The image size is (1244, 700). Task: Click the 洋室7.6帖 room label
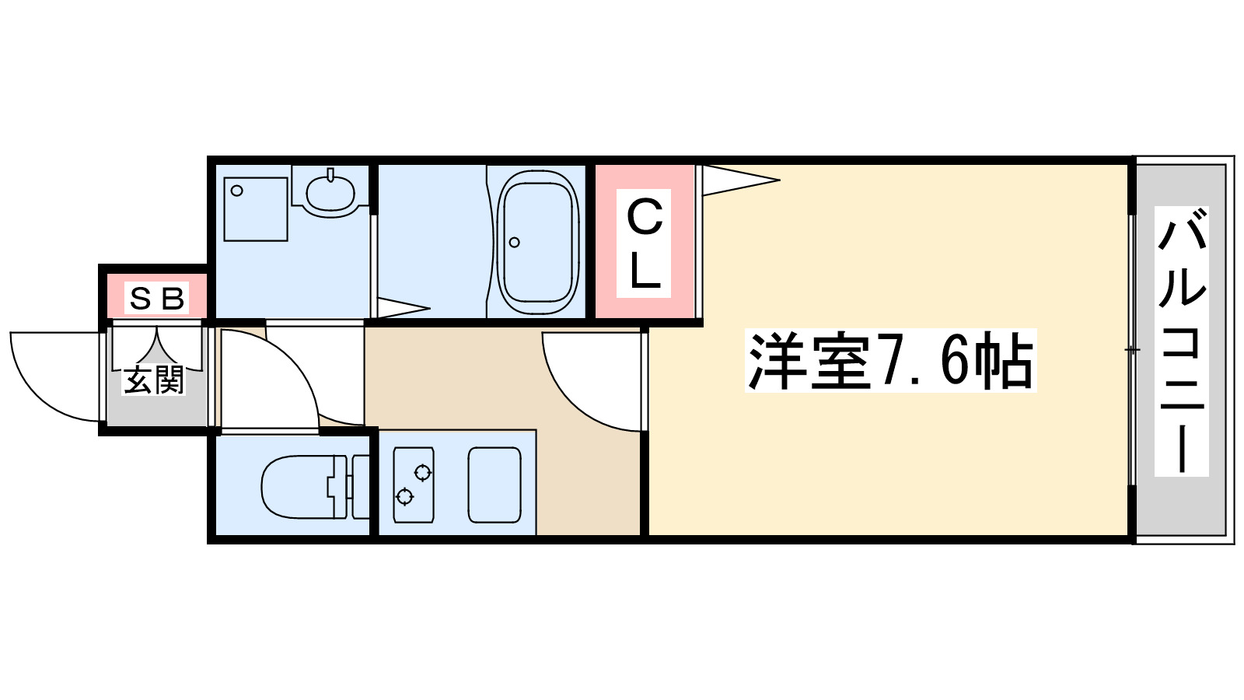[890, 361]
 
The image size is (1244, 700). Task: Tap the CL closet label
[644, 243]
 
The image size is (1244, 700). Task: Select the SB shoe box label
[157, 298]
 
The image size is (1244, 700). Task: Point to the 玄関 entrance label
[154, 380]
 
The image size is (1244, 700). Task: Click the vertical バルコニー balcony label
[1181, 341]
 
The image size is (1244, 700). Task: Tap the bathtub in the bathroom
[537, 242]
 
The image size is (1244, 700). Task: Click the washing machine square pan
[256, 209]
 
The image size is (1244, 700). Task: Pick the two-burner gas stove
[413, 485]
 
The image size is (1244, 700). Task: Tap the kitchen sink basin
[494, 485]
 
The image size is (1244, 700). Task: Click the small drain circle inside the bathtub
[514, 242]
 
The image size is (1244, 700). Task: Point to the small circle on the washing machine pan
[237, 191]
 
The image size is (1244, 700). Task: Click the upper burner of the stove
[422, 472]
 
